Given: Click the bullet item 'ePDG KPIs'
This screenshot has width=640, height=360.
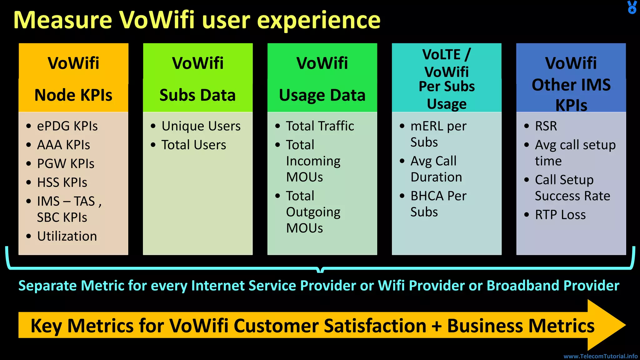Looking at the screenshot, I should (x=67, y=126).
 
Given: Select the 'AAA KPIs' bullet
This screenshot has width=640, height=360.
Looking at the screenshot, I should (x=63, y=145).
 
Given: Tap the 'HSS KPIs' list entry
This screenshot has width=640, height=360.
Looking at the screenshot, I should (x=62, y=182).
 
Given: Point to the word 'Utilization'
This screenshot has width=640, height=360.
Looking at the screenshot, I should (x=67, y=236).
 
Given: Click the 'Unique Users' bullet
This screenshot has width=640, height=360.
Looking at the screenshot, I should (x=201, y=126).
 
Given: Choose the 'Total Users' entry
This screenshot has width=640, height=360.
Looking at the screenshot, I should (x=193, y=145).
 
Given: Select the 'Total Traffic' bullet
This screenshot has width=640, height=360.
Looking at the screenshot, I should (x=320, y=126).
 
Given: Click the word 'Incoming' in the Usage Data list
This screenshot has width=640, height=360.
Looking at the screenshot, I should (x=313, y=161).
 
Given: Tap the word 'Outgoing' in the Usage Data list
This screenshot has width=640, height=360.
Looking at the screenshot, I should (x=313, y=212).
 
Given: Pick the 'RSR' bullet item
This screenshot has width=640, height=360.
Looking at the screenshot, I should (x=546, y=126).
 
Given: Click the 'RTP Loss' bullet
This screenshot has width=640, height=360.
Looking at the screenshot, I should (x=560, y=215).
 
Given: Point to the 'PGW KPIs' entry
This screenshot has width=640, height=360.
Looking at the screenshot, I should (x=66, y=163).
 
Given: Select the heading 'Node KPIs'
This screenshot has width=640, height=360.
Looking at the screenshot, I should (x=73, y=95).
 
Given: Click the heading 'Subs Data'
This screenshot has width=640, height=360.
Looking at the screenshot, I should (x=197, y=95).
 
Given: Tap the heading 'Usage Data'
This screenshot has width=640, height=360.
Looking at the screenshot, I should (x=322, y=95).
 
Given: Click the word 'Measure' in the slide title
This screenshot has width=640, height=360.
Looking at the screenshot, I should (x=62, y=20).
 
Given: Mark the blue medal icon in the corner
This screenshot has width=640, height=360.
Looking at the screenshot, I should (x=632, y=7).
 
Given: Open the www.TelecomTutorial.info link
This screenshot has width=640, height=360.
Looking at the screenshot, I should (x=600, y=356).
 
